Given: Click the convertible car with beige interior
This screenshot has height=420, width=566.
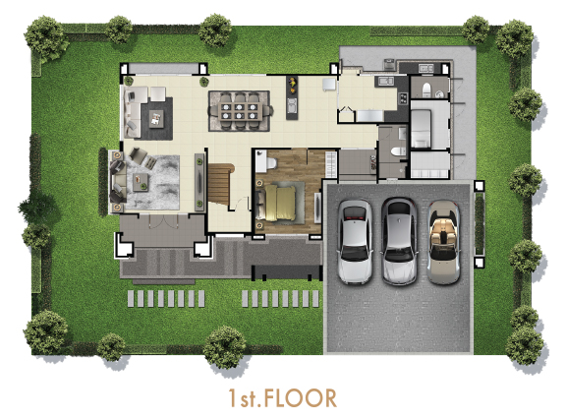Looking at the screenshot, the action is pos(443,243).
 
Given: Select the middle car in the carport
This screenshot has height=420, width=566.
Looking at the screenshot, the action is pos(399,241).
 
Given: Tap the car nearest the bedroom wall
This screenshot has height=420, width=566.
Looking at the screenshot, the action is pos(355,241).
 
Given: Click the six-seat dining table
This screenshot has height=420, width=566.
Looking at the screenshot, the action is pos(240,111).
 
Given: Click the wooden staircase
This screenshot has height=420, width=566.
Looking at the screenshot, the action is pos(219,183).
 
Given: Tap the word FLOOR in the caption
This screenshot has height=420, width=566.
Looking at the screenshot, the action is pos(300,398).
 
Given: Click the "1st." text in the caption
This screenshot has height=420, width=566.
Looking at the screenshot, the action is pos(245,398).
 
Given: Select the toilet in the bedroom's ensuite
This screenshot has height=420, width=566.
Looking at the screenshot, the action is pos(271,163).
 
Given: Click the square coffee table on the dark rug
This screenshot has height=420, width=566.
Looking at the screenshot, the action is pos(156,119).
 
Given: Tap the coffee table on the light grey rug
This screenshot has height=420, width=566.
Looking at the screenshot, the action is pos(141,182).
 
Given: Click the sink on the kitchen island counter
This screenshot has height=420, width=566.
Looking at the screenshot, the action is pos(292,105).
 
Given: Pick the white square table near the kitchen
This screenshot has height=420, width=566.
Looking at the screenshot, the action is pos(329,85).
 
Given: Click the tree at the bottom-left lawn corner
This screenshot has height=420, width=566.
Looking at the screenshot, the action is pos(45,331).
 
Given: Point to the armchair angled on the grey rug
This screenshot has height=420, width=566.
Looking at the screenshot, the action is pos(139,154).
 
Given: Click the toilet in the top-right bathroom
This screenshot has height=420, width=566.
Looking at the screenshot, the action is pos(426,90).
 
